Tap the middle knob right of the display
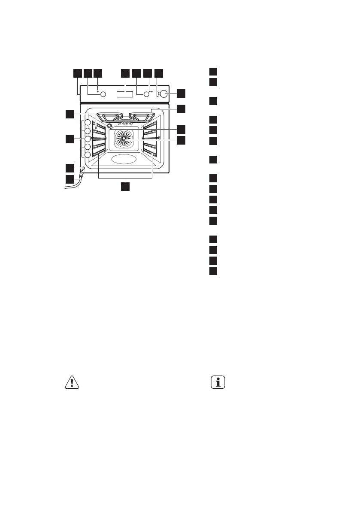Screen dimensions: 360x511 pos(146,94)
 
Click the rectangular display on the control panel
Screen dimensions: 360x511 pos(125,94)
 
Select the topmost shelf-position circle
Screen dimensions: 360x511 pos(87,124)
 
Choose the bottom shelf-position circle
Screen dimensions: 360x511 pos(87,155)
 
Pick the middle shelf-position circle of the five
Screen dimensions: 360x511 pos(87,139)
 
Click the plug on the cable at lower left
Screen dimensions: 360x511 pos(80,175)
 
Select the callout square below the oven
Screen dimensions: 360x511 pos(125,187)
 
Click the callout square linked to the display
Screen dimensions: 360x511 pos(125,73)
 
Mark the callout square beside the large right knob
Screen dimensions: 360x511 pos(182,93)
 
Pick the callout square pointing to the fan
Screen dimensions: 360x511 pos(182,140)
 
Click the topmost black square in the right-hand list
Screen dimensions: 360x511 pos(214,72)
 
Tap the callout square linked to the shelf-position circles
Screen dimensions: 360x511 pos(70,139)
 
